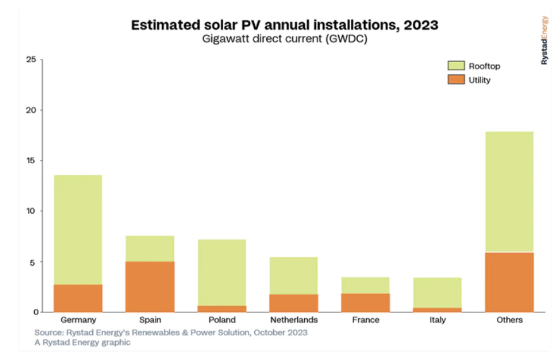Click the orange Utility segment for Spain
[150, 287]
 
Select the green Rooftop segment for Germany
[78, 230]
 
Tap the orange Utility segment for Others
[509, 282]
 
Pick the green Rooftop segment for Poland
[222, 273]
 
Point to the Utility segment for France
[365, 302]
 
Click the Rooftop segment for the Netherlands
[294, 275]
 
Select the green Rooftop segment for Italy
[438, 292]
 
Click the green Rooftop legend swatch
[456, 66]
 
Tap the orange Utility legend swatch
[456, 80]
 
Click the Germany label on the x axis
[78, 320]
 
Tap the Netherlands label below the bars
[294, 320]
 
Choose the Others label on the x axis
[509, 320]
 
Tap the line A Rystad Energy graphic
[83, 342]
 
